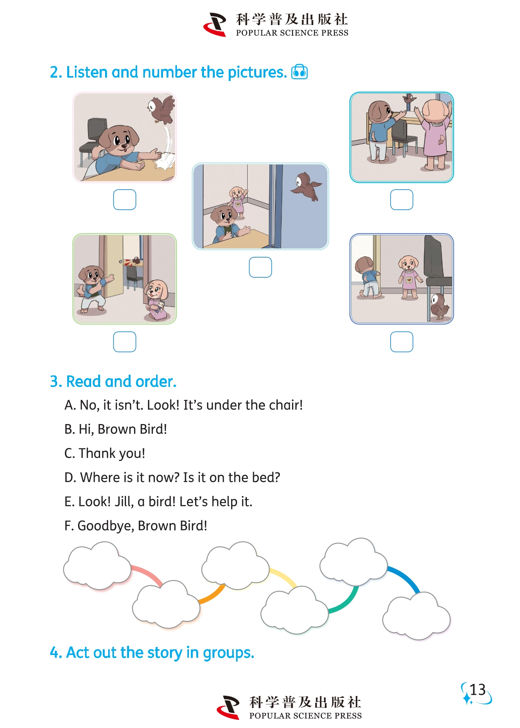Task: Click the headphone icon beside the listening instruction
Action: click(299, 72)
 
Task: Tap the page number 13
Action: click(478, 690)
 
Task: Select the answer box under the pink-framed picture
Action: click(124, 200)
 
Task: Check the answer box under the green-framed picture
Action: click(124, 342)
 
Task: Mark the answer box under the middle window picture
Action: click(260, 267)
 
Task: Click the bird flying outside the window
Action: click(306, 186)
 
